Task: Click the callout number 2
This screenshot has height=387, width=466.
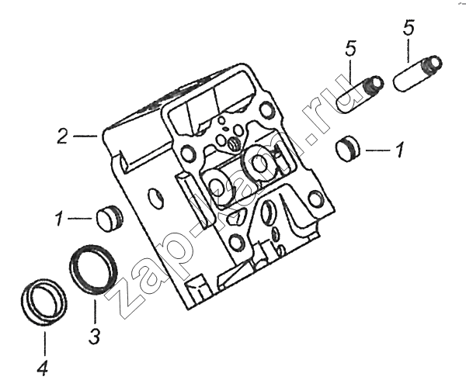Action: click(x=63, y=136)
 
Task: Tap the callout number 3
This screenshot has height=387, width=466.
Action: click(x=95, y=337)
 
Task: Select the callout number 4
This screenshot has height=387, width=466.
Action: click(x=42, y=368)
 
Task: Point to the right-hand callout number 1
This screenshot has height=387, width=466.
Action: click(x=400, y=150)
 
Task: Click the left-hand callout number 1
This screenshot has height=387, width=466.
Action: click(x=60, y=218)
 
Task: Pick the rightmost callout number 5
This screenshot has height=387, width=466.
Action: click(x=409, y=28)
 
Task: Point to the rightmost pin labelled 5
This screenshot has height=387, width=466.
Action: click(x=417, y=73)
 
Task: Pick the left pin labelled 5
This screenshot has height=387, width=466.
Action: click(x=360, y=93)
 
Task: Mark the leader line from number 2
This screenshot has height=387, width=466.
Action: click(x=85, y=136)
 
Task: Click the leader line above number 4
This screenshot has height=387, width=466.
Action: click(x=45, y=344)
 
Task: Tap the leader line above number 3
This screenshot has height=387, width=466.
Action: click(x=95, y=312)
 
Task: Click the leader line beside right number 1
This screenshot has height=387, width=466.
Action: click(x=377, y=150)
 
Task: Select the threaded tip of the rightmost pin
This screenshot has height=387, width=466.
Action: click(x=432, y=65)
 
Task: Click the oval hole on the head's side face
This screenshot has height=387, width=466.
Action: click(x=155, y=197)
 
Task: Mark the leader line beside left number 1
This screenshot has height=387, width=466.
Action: click(x=80, y=219)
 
